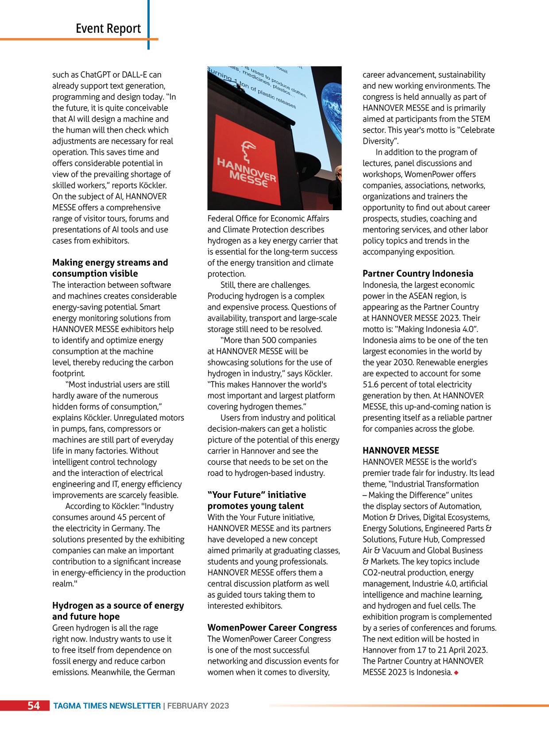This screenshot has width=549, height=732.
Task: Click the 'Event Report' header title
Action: [108, 29]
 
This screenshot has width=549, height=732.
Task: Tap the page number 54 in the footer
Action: [34, 705]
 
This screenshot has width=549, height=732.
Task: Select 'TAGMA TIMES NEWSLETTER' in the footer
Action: [107, 706]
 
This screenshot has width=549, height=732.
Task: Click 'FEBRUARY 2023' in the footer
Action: [198, 706]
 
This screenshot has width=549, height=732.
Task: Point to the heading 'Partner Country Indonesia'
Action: [418, 274]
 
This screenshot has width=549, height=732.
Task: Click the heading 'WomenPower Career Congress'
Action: [272, 628]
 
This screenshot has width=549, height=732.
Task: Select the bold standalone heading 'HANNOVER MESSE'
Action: [401, 451]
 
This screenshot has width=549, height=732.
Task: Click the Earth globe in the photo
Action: [329, 111]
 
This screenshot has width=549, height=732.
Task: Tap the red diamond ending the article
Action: [456, 673]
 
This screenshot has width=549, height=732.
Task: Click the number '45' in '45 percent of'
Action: [124, 517]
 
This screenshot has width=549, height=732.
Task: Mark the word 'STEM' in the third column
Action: [481, 119]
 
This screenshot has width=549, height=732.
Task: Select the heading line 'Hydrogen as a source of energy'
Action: [118, 605]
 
